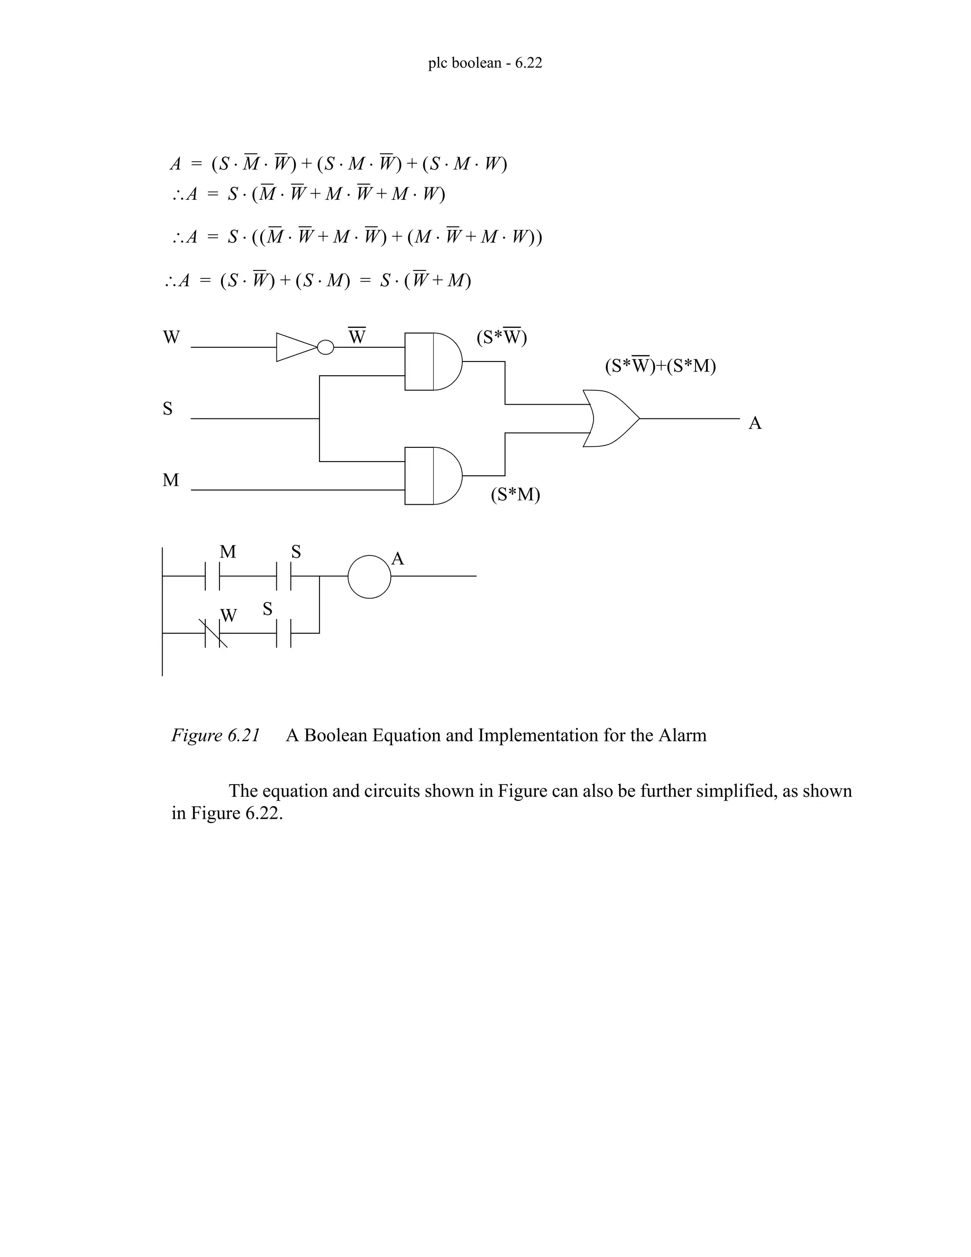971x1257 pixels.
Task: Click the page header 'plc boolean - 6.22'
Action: click(x=485, y=63)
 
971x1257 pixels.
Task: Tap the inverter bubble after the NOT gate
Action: click(x=326, y=347)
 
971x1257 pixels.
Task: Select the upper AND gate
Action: click(x=432, y=361)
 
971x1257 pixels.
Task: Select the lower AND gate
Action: click(x=432, y=476)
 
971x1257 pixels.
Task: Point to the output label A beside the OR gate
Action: click(x=755, y=424)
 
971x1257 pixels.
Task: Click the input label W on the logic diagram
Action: click(x=171, y=337)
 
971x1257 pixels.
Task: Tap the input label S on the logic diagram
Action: click(x=167, y=408)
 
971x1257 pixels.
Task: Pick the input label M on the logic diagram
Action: click(x=170, y=480)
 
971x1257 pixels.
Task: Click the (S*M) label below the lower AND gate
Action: click(x=515, y=494)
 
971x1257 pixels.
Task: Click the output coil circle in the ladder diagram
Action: click(x=369, y=576)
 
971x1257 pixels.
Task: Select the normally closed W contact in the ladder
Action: click(x=213, y=633)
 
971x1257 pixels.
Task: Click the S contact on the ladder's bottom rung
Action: click(x=284, y=633)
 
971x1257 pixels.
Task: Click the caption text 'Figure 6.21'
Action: click(x=216, y=736)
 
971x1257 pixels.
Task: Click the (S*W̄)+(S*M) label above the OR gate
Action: click(x=660, y=366)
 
